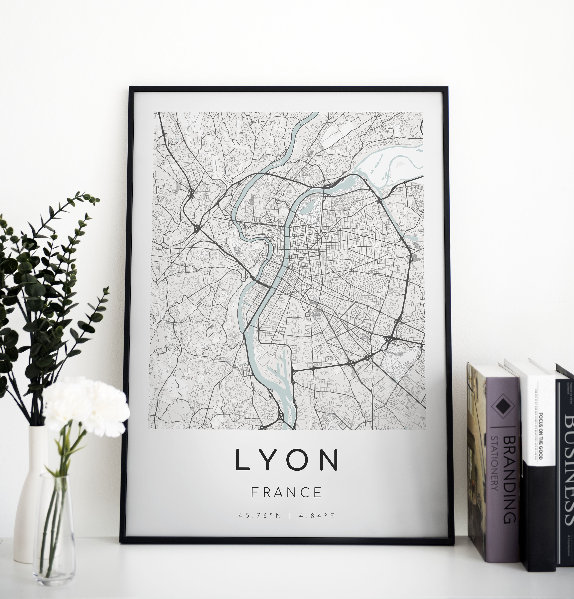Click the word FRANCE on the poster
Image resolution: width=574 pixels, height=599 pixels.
click(286, 492)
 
